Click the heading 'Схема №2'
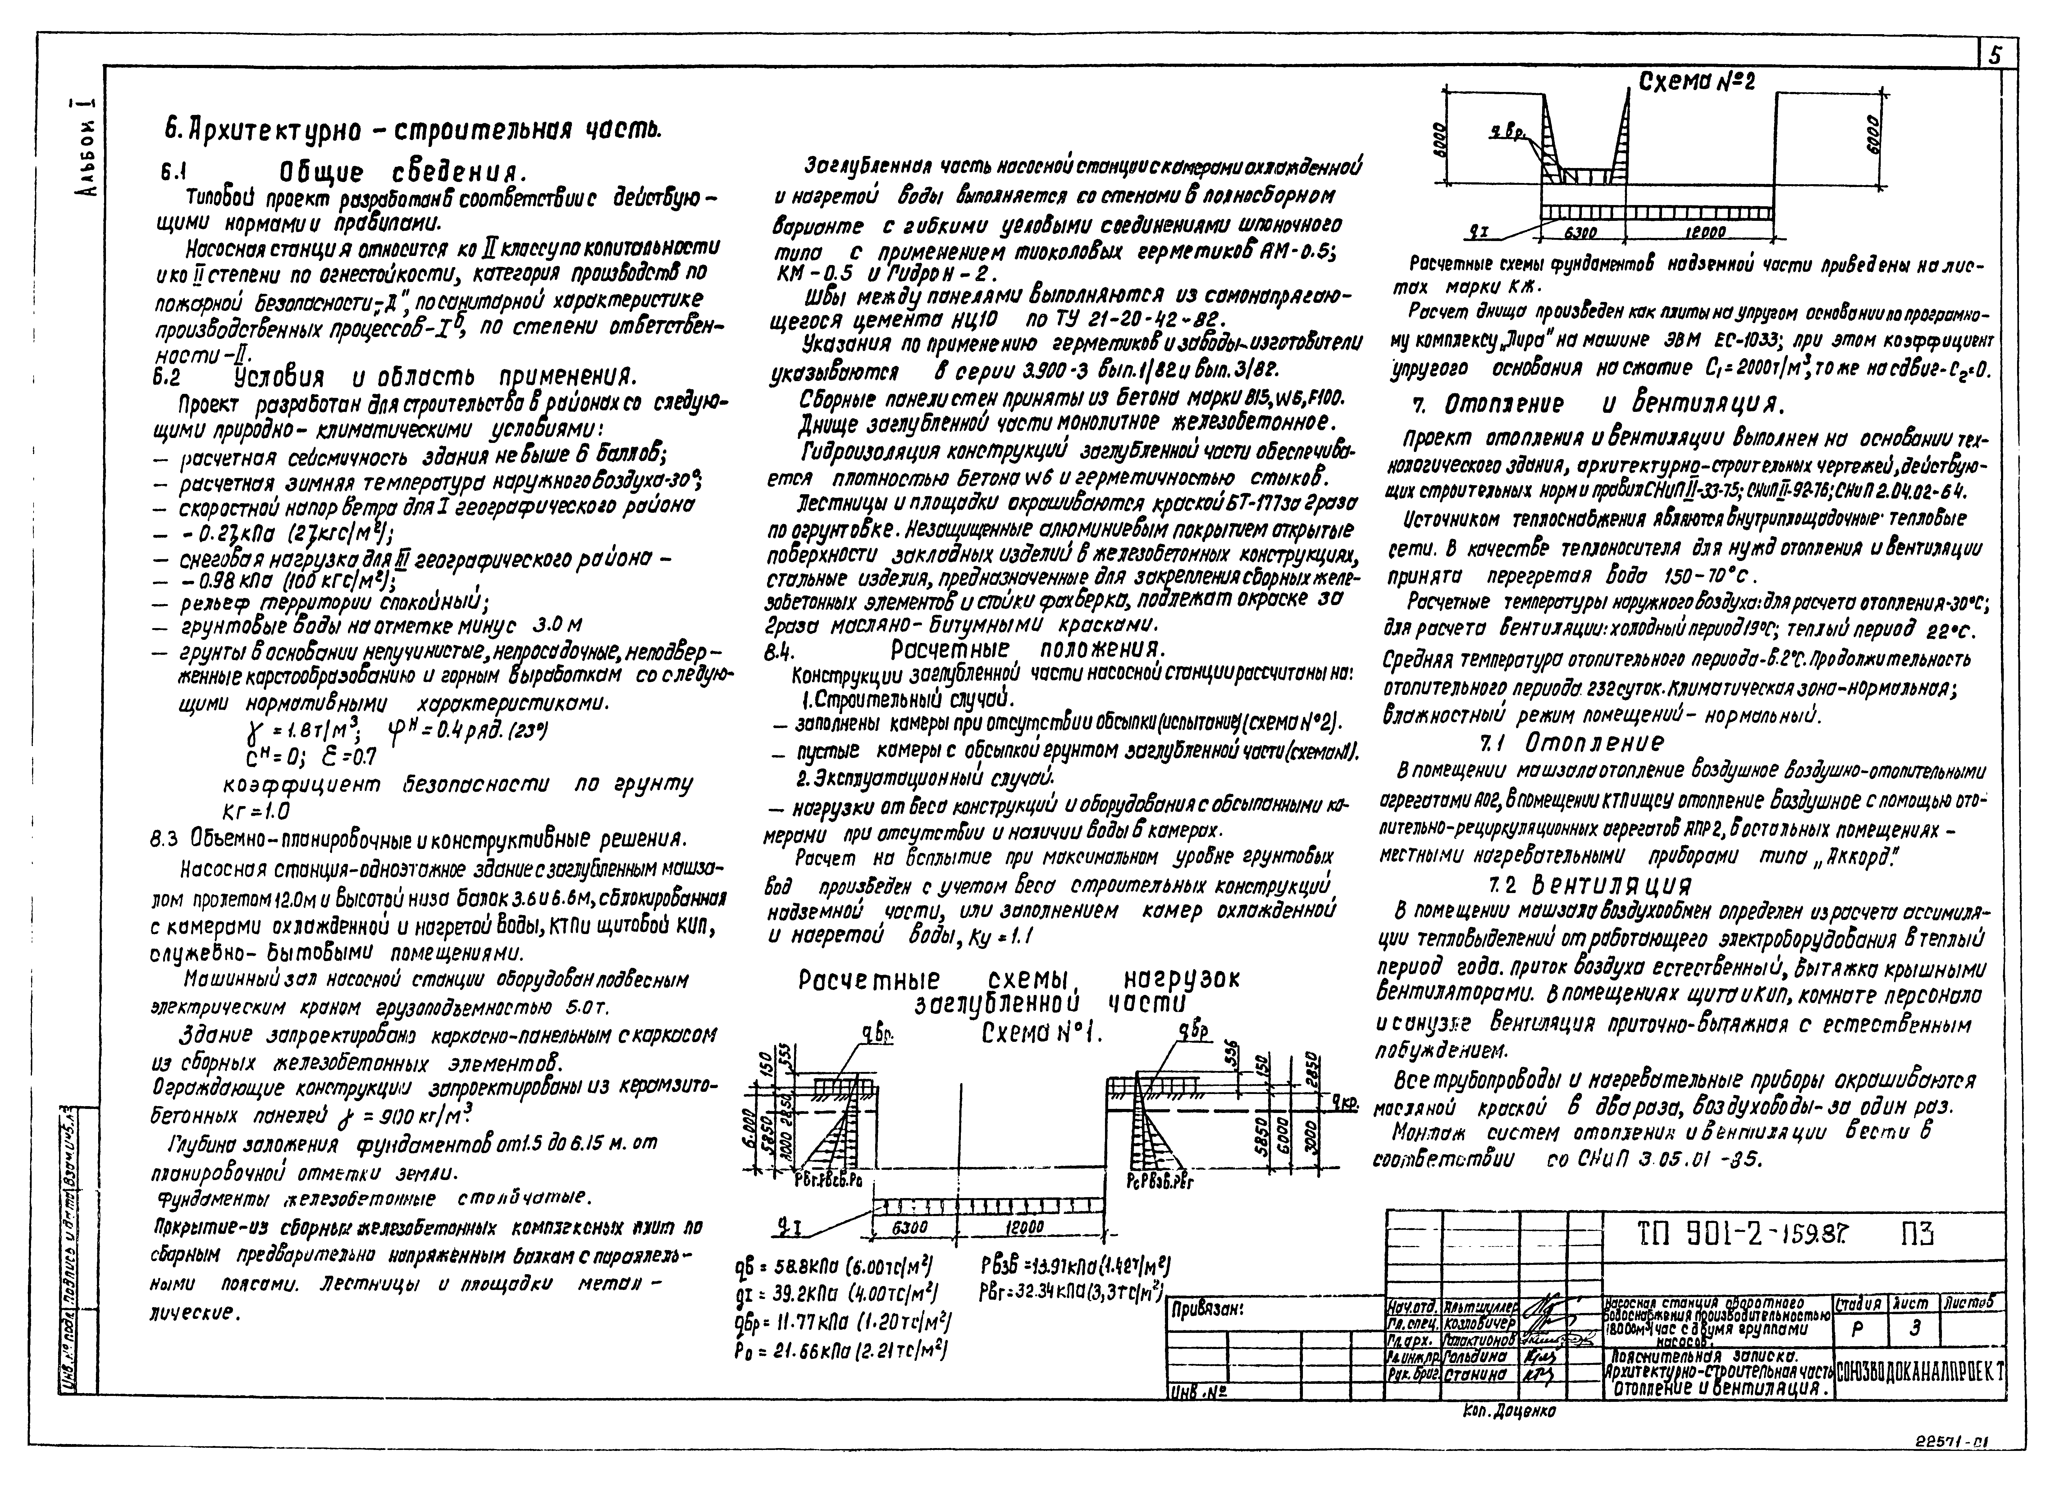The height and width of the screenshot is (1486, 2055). tap(1697, 82)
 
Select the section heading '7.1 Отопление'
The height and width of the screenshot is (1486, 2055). tap(1572, 743)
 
